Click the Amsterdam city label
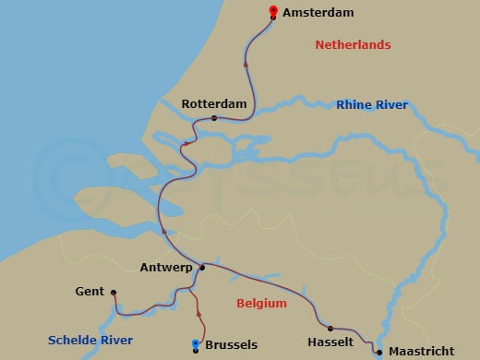pyautogui.click(x=318, y=13)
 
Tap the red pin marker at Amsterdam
pyautogui.click(x=273, y=11)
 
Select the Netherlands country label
pyautogui.click(x=353, y=45)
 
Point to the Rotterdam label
pyautogui.click(x=214, y=104)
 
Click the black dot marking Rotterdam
pyautogui.click(x=214, y=118)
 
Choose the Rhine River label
pyautogui.click(x=372, y=105)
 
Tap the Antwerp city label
pyautogui.click(x=166, y=268)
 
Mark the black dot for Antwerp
pyautogui.click(x=201, y=267)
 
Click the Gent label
pyautogui.click(x=90, y=292)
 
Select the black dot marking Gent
pyautogui.click(x=114, y=293)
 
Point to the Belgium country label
pyautogui.click(x=261, y=303)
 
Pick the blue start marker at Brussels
pyautogui.click(x=195, y=344)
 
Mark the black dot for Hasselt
pyautogui.click(x=330, y=328)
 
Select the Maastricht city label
pyautogui.click(x=420, y=352)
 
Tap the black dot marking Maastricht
pyautogui.click(x=379, y=352)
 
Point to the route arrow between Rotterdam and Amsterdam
pyautogui.click(x=245, y=64)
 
